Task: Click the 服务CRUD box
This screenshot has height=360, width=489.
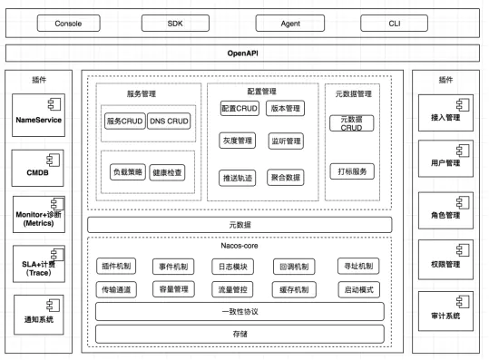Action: pyautogui.click(x=125, y=122)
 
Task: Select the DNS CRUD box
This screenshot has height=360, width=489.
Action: pyautogui.click(x=170, y=122)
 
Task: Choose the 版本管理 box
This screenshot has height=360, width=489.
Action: pyautogui.click(x=287, y=108)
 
